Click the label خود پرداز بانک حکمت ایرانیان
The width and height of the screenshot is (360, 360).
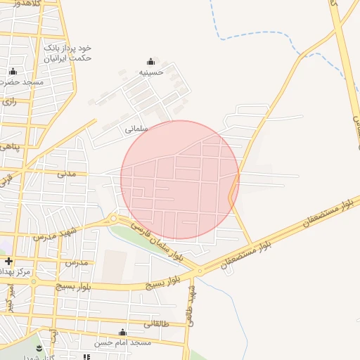[x=67, y=53]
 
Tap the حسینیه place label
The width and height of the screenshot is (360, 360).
[x=151, y=72]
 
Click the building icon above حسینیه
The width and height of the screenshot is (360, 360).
[x=150, y=61]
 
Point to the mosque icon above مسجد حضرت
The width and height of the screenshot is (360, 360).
[x=13, y=71]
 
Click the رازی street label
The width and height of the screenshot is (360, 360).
[x=10, y=101]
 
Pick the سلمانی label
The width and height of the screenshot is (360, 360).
[x=135, y=129]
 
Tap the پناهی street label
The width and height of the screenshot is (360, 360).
[x=8, y=146]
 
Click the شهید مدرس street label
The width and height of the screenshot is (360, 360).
[x=55, y=233]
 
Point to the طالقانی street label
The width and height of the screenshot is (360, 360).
[x=155, y=324]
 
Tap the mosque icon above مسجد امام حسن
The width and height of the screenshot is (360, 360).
[x=123, y=333]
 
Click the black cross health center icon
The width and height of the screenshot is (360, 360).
[x=8, y=261]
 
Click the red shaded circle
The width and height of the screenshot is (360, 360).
[x=180, y=180]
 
